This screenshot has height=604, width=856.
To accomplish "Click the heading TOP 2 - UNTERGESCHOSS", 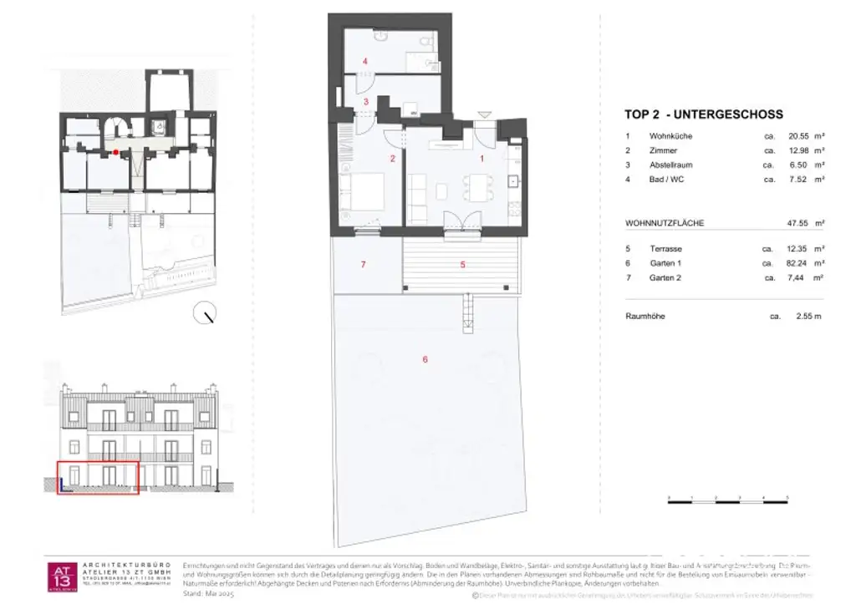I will pos(704,114).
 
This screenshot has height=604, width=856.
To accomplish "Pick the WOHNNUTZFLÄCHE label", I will pos(665,223).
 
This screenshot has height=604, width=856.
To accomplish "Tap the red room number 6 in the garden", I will pos(425,359).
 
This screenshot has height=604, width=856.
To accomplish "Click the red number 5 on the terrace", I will pos(462,264).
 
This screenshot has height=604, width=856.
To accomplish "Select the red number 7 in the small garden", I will pos(363,264).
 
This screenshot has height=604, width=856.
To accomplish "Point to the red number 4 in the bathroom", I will pos(365,61).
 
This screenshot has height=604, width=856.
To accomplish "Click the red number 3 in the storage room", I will pos(365,101).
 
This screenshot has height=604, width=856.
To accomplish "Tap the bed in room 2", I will pos(362,191).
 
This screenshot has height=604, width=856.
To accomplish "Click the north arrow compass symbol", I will pos(204,314).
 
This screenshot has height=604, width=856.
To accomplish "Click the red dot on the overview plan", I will pos(116,152).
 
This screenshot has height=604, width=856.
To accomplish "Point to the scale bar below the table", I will pos(727,499).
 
